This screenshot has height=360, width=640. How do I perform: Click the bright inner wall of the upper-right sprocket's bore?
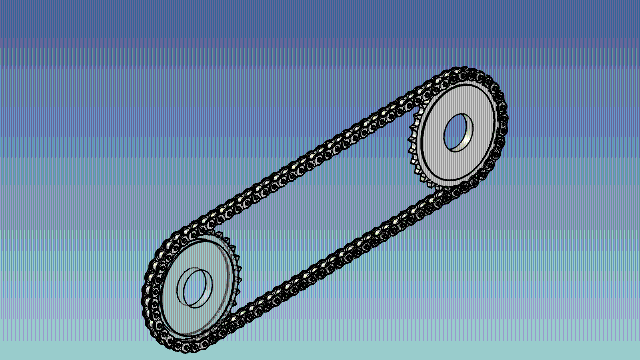point(453,136)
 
